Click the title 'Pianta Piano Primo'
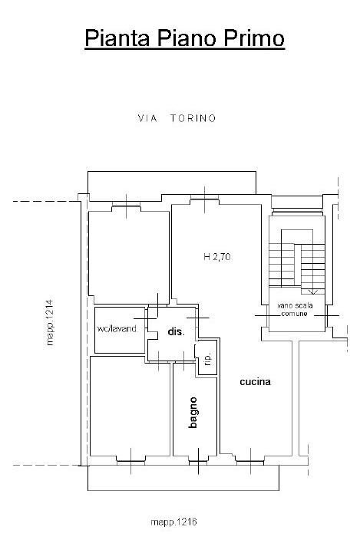click(183, 38)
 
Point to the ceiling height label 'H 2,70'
click(217, 258)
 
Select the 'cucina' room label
click(254, 381)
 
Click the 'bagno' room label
click(193, 412)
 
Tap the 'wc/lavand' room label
click(117, 329)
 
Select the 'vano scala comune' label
click(293, 310)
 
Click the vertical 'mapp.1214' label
click(51, 322)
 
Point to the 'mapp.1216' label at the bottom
click(173, 521)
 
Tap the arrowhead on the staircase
click(312, 291)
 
